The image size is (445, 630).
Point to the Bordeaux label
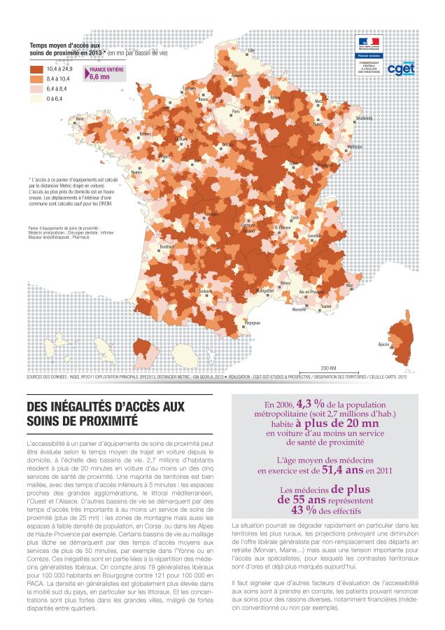(167, 247)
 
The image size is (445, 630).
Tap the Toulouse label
(205, 290)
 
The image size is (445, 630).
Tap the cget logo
(402, 69)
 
